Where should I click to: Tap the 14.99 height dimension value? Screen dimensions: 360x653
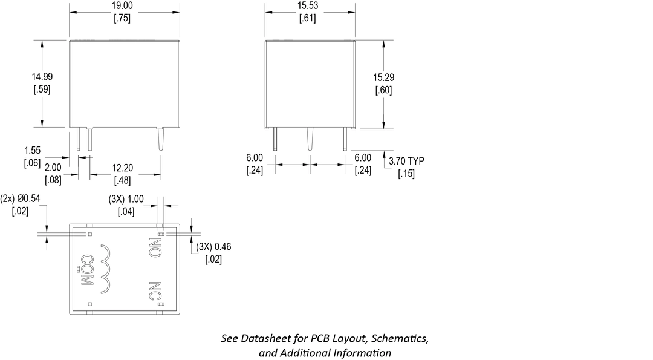tap(41, 76)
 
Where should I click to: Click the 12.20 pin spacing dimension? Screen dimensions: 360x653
tap(123, 168)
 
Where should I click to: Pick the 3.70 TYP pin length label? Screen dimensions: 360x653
tap(406, 161)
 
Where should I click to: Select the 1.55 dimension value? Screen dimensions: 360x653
tap(32, 151)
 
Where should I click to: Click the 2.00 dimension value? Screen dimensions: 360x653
tap(53, 167)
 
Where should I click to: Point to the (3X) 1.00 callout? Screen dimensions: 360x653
tap(126, 198)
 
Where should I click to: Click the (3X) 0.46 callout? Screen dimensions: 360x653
tap(214, 246)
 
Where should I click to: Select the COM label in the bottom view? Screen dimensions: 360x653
tap(86, 266)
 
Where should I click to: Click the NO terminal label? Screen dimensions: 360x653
tap(155, 247)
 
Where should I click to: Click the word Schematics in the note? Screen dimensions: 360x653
tap(403, 338)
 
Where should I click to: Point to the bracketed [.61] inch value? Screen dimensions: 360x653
tap(308, 18)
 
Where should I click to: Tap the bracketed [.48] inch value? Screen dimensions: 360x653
tap(123, 180)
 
